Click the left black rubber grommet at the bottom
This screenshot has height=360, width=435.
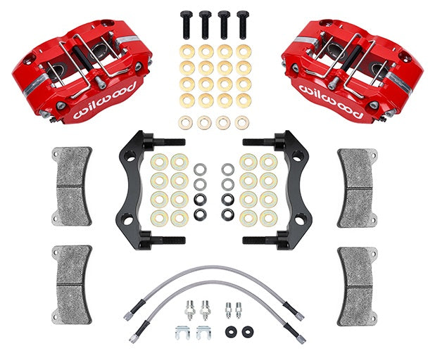(231, 330)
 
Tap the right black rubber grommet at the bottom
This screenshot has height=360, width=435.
(246, 330)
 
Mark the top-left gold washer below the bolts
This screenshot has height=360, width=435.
(186, 51)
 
